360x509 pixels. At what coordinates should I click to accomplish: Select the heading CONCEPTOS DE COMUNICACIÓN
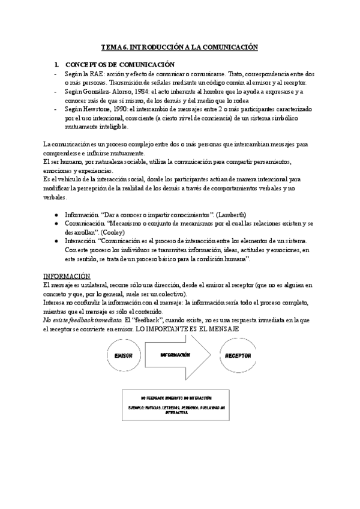click(x=119, y=64)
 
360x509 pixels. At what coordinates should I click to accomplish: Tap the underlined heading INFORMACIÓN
click(x=67, y=276)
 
